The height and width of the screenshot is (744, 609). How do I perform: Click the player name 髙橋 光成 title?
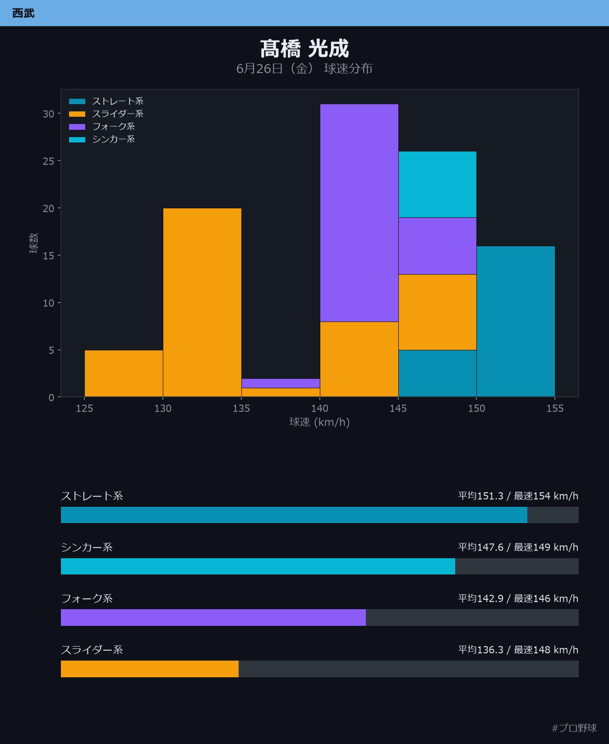pyautogui.click(x=304, y=49)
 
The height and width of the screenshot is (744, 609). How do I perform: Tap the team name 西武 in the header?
pyautogui.click(x=23, y=13)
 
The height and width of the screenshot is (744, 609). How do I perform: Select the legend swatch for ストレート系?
pyautogui.click(x=77, y=101)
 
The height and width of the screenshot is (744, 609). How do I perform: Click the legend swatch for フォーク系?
pyautogui.click(x=77, y=127)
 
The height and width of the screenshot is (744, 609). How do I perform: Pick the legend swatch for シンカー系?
pyautogui.click(x=77, y=139)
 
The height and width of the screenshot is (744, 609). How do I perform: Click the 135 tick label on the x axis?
pyautogui.click(x=241, y=409)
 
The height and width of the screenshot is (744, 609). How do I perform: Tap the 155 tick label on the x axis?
pyautogui.click(x=555, y=409)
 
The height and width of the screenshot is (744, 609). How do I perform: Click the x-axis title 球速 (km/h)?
pyautogui.click(x=319, y=422)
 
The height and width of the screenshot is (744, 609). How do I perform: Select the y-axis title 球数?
pyautogui.click(x=34, y=243)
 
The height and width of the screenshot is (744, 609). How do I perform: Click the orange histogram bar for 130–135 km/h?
pyautogui.click(x=202, y=303)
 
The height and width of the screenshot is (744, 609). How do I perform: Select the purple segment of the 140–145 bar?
pyautogui.click(x=359, y=213)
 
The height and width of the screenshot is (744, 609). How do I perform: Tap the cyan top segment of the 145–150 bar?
pyautogui.click(x=438, y=184)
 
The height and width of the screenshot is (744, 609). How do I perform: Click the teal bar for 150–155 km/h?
pyautogui.click(x=516, y=321)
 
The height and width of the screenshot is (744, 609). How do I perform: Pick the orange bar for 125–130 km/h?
pyautogui.click(x=124, y=373)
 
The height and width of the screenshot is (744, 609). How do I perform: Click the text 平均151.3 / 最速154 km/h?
pyautogui.click(x=518, y=496)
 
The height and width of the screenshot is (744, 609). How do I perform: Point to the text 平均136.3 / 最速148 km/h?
pyautogui.click(x=518, y=650)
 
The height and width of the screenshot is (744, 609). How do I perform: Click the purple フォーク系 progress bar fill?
pyautogui.click(x=213, y=617)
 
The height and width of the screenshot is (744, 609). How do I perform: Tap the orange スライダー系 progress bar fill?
pyautogui.click(x=150, y=669)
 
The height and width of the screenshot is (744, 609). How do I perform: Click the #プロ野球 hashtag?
pyautogui.click(x=574, y=728)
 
